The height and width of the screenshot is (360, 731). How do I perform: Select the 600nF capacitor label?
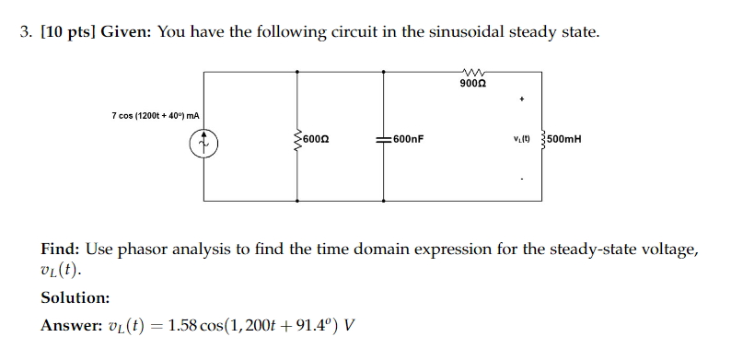408,141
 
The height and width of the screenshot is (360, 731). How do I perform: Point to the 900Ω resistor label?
474,84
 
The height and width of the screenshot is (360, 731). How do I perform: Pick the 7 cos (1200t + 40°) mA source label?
156,116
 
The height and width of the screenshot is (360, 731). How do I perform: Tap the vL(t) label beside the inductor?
527,141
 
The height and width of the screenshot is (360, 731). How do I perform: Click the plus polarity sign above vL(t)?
522,98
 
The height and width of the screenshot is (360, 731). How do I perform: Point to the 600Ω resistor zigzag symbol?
296,141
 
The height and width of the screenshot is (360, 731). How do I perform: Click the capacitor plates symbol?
385,141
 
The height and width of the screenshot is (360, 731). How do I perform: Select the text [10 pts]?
67,33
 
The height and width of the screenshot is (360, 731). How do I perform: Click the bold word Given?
126,33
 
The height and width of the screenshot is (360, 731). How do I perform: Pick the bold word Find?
61,250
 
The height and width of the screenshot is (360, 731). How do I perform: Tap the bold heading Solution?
75,297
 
